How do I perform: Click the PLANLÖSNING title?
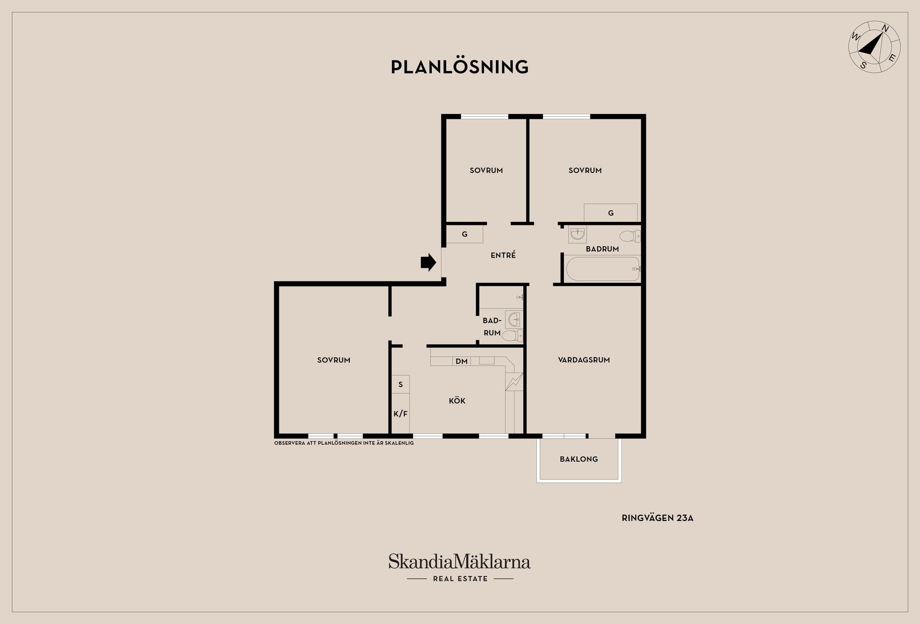[460, 67]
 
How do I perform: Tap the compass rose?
[874, 47]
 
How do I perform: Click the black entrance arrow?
[428, 263]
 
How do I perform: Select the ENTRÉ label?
[503, 255]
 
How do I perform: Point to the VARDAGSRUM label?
[584, 360]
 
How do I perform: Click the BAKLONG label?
[579, 459]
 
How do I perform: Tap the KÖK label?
[457, 401]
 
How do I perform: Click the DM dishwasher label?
[461, 361]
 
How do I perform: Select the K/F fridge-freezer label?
[401, 414]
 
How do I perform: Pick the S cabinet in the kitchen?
[401, 384]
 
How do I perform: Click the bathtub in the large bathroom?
[602, 269]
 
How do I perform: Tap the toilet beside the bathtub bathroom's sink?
[630, 236]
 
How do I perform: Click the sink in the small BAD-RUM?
[513, 319]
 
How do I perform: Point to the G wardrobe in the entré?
[464, 234]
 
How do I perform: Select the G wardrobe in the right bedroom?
[610, 213]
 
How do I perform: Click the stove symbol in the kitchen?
[514, 381]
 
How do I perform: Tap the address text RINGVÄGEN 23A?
[657, 518]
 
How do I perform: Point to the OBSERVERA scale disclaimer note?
[344, 443]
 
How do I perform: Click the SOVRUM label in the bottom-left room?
[333, 360]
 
